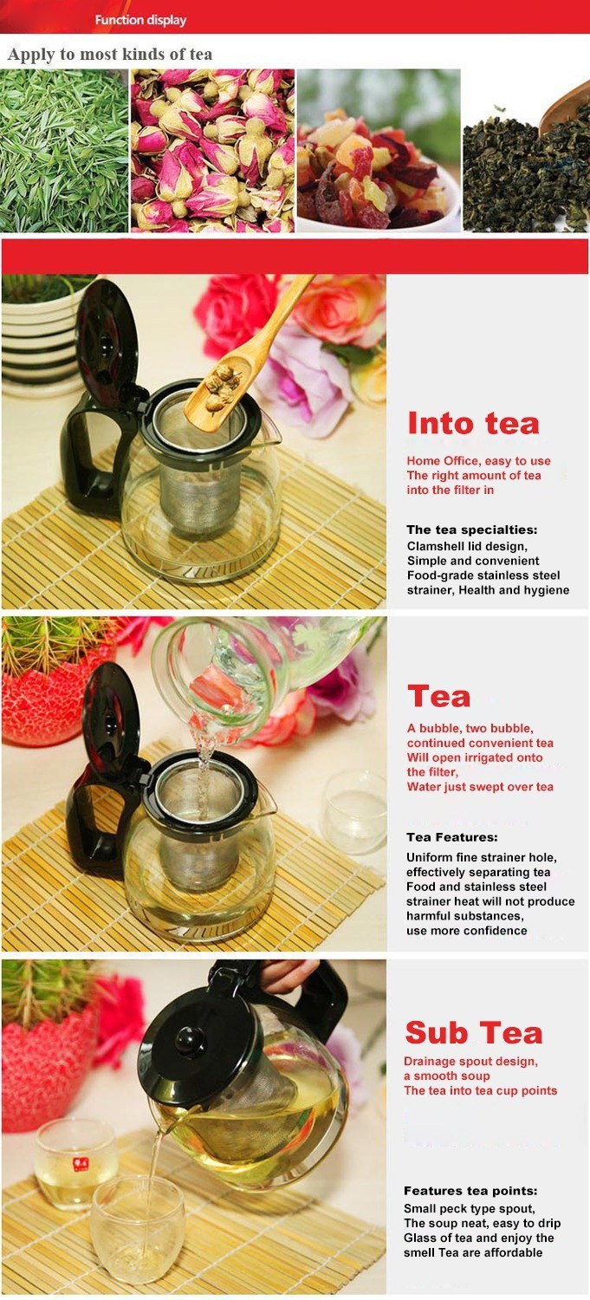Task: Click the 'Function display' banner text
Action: [140, 20]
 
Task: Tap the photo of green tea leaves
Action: [64, 151]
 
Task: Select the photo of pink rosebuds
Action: [213, 151]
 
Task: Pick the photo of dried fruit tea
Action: [379, 151]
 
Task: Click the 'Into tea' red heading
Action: [473, 423]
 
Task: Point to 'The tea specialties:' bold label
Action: [471, 530]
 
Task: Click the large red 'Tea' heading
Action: [438, 697]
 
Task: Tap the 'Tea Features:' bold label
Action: [452, 837]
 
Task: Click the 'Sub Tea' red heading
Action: [474, 1033]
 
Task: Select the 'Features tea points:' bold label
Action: [470, 1191]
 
